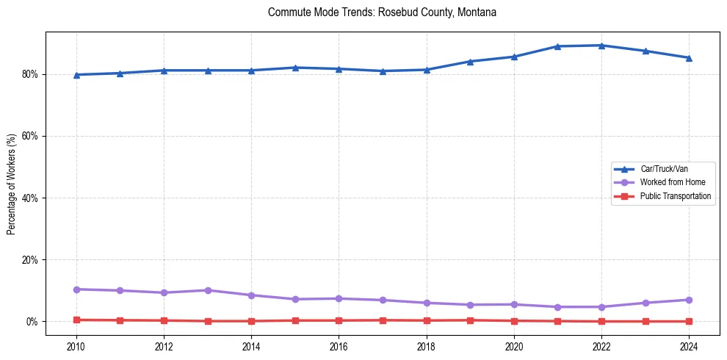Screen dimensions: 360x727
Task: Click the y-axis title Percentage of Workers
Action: pos(12,184)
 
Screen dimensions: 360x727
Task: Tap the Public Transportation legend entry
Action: pos(676,196)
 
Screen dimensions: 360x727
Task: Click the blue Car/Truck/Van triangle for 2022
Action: pos(601,46)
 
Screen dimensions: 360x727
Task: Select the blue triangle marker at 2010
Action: pos(76,75)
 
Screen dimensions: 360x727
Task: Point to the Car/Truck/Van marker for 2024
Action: pos(689,58)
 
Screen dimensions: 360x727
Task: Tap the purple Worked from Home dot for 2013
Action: pos(208,290)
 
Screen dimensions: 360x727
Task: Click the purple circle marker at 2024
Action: pos(689,300)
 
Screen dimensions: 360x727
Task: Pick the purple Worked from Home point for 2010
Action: pos(76,289)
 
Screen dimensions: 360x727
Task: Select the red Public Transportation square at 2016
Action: pos(339,320)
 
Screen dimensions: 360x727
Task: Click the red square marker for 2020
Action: pos(514,320)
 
